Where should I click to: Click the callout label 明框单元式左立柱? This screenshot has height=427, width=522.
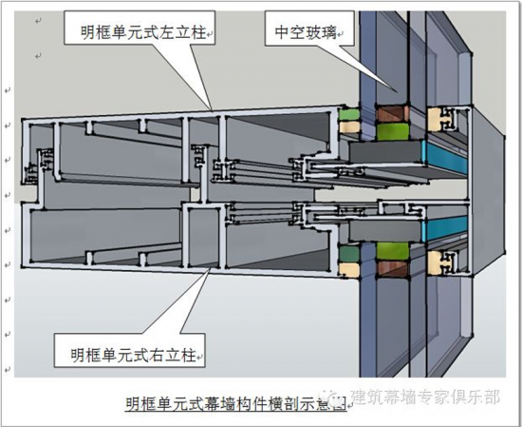pos(143,32)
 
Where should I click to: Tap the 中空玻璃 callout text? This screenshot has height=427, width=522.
pos(306,32)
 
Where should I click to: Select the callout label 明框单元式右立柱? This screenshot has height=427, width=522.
pos(133,356)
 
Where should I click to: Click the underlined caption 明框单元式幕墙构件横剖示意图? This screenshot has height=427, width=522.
pos(235,403)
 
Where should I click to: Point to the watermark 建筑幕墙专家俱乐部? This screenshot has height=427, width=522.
pos(426,397)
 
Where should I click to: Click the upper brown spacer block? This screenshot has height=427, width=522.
pos(393,113)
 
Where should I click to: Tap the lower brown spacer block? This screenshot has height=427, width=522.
pos(393,268)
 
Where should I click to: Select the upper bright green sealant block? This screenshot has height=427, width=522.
pos(393,131)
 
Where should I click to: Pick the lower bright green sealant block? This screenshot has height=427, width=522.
pos(393,251)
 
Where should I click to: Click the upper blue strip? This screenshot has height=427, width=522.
pos(445,157)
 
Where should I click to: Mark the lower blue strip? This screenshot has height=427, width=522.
pos(445,228)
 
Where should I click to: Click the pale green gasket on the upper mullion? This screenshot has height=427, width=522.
pos(349,114)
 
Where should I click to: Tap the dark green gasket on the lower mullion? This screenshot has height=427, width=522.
pos(349,254)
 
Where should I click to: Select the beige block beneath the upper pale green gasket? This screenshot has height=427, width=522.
pos(349,126)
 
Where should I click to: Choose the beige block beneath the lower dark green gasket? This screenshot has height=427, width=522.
pos(349,269)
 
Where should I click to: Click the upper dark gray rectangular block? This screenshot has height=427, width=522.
pos(385,152)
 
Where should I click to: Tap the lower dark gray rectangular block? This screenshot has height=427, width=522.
pos(385,231)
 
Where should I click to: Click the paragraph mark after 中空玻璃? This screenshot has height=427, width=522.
pos(341,33)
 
